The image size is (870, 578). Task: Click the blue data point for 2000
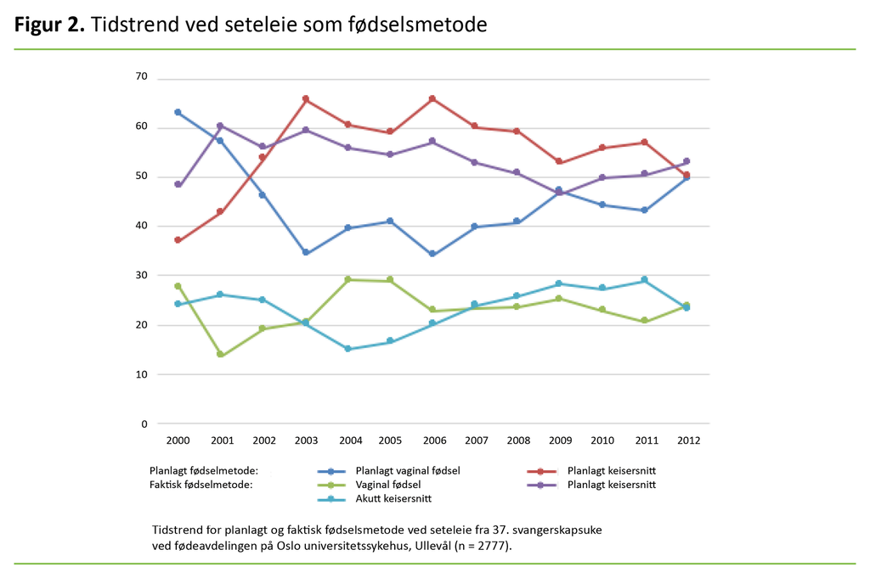pos(178,112)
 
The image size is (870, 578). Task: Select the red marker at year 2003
pos(305,99)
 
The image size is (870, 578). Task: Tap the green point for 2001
pos(220,355)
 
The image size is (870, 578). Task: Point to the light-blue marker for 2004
pos(347,349)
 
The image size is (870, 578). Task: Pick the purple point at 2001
pos(220,126)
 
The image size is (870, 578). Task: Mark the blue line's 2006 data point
pos(432,254)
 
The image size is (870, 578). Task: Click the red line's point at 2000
pos(178,240)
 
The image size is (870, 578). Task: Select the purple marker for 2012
pos(686,161)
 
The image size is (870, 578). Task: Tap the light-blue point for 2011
pos(644,279)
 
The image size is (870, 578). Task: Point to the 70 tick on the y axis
pos(141,77)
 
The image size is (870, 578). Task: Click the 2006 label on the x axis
pos(432,441)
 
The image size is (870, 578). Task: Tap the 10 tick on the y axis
pos(141,374)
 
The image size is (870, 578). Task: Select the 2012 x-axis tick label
pos(686,441)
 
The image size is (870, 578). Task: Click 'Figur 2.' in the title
pos(49,25)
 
